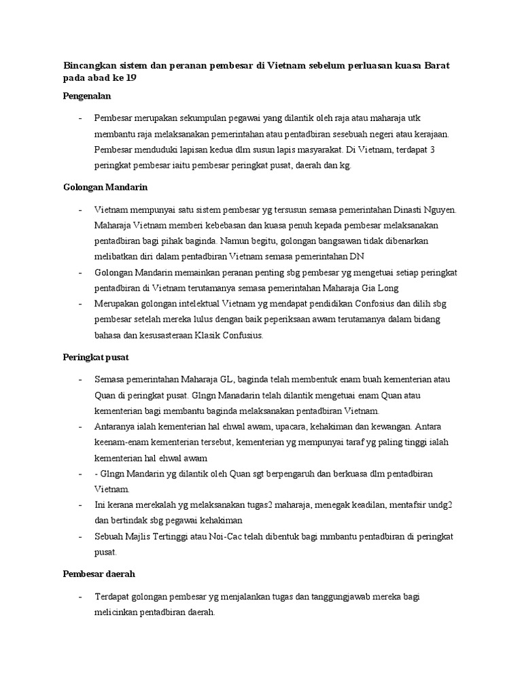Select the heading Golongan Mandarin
(x=101, y=187)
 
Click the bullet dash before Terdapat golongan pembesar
(x=81, y=596)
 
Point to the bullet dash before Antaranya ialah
(x=81, y=427)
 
